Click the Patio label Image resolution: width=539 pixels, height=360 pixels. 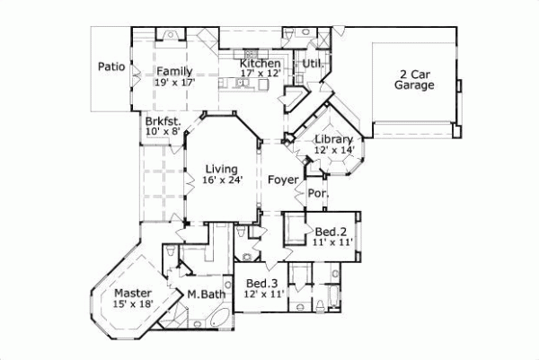pyautogui.click(x=110, y=66)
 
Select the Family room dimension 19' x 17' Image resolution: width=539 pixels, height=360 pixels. pyautogui.click(x=175, y=83)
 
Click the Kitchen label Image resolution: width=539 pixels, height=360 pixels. pyautogui.click(x=260, y=64)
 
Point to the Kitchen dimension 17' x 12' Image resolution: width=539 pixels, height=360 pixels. pyautogui.click(x=261, y=75)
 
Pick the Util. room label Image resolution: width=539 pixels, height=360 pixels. pyautogui.click(x=312, y=64)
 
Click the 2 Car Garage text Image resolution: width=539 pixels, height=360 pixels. pyautogui.click(x=414, y=79)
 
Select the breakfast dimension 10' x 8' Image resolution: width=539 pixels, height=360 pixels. pyautogui.click(x=163, y=132)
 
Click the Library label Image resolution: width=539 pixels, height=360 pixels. pyautogui.click(x=332, y=139)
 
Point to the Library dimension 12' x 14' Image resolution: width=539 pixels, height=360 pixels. pyautogui.click(x=333, y=150)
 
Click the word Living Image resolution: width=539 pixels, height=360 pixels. pyautogui.click(x=220, y=169)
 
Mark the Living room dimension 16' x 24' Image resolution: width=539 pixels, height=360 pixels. pyautogui.click(x=220, y=180)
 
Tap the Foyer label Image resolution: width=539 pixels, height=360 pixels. pyautogui.click(x=283, y=180)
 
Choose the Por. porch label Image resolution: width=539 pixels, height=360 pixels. pyautogui.click(x=317, y=193)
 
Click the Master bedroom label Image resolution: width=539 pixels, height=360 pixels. pyautogui.click(x=131, y=293)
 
